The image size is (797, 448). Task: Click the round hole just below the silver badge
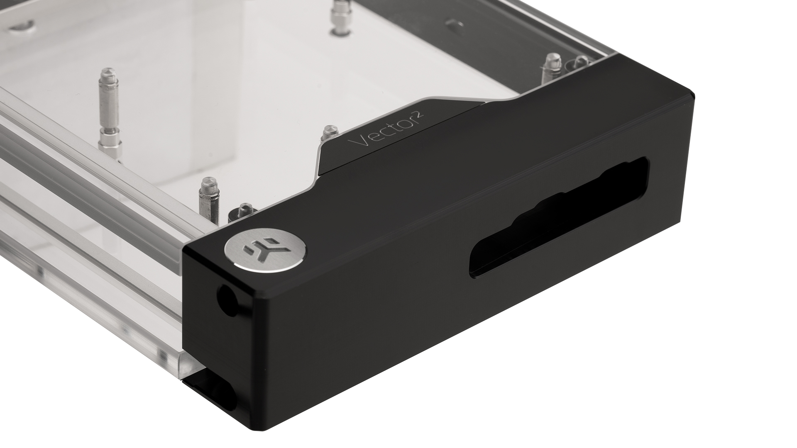pyautogui.click(x=227, y=296)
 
